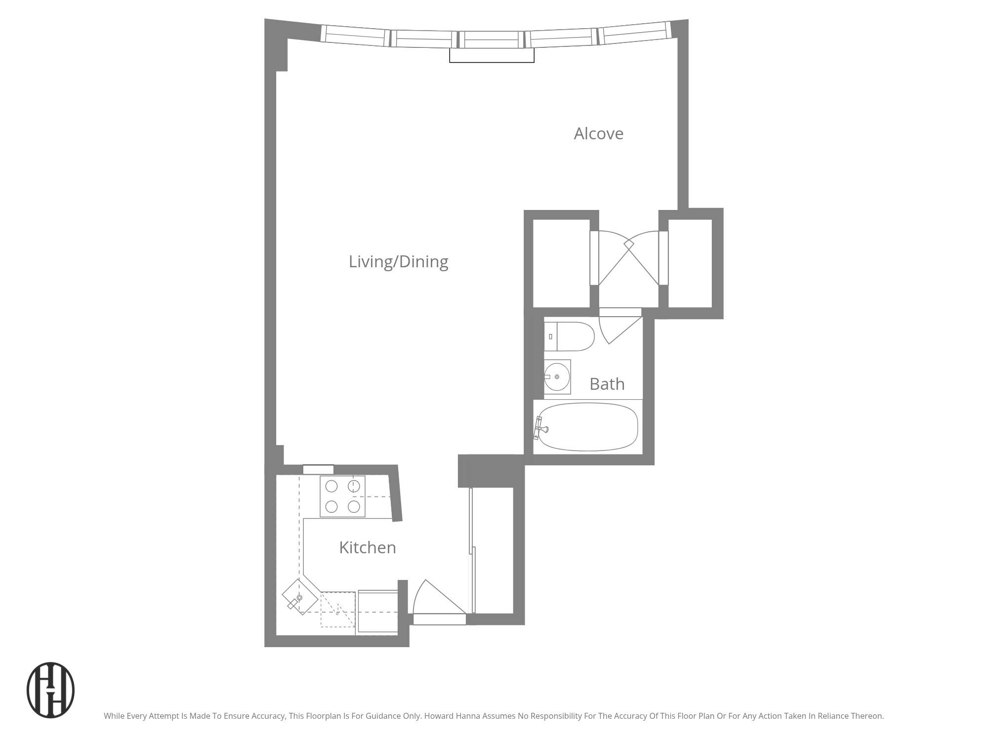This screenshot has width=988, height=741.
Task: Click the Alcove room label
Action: coord(598,134)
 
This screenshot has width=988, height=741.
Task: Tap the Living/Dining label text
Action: coord(398,262)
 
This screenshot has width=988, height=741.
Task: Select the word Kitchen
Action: coord(367,547)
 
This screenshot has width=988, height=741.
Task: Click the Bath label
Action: coord(607,384)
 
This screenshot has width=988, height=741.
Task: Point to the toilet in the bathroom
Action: coord(569,336)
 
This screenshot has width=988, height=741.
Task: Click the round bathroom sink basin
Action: coord(557,377)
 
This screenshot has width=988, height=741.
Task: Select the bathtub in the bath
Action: coord(588,427)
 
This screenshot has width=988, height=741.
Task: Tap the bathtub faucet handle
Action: coord(541,428)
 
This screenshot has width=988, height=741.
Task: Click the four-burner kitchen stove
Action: coord(342,496)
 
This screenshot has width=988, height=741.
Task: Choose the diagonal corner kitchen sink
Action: coord(300,597)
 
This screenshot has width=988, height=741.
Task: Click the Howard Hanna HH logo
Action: coord(50,690)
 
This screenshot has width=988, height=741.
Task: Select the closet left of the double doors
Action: coord(561,263)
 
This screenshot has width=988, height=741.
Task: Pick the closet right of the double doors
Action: coord(690,263)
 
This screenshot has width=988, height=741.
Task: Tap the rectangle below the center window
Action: coord(492,55)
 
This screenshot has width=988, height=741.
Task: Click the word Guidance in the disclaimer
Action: coord(385,716)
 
